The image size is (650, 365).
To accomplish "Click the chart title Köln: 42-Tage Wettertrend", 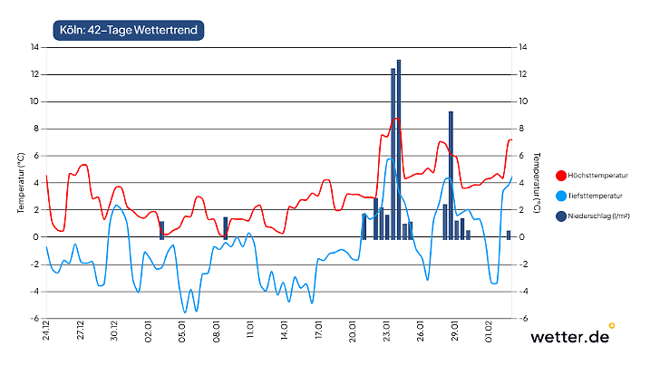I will [128, 31].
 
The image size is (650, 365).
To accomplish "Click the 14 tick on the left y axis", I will [34, 47].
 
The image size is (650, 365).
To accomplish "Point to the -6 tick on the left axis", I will [34, 319].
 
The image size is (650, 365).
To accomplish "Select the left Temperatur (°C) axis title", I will [20, 183].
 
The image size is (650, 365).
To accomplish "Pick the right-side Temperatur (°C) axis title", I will [537, 183].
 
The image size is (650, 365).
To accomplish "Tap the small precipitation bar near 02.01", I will [162, 230].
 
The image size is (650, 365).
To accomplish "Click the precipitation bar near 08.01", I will [225, 227].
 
